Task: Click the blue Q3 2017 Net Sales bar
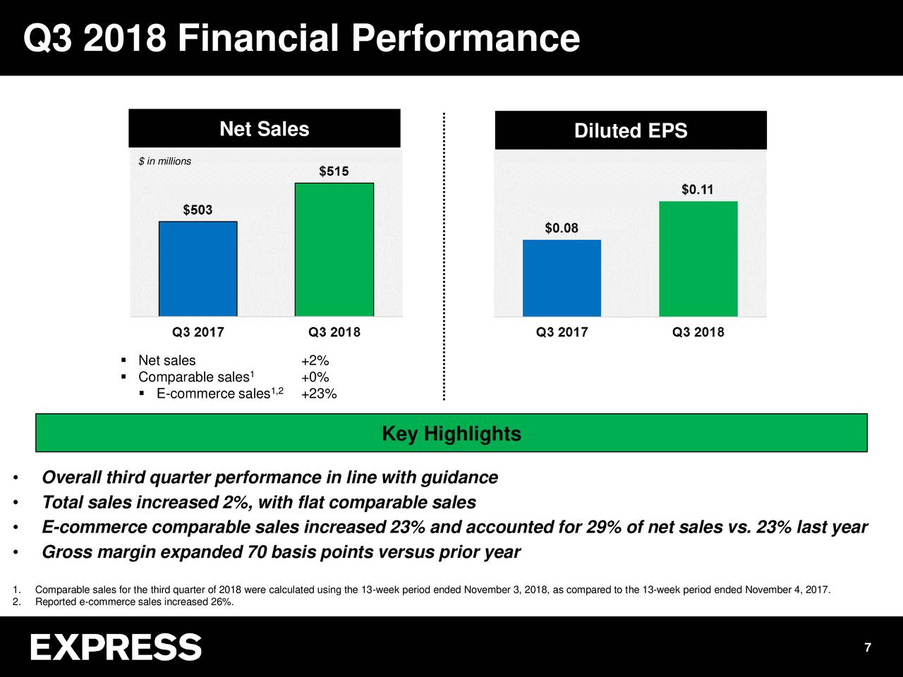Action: [x=198, y=269]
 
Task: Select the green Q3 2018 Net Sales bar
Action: [x=334, y=250]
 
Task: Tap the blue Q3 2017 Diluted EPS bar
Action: [x=562, y=278]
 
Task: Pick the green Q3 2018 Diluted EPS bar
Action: [x=698, y=259]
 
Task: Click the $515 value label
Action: [x=334, y=171]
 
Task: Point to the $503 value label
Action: [x=198, y=210]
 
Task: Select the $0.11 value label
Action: [x=697, y=190]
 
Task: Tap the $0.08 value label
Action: [x=562, y=228]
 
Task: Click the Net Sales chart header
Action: [x=264, y=129]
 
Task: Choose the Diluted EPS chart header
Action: [x=631, y=130]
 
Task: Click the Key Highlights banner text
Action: [x=451, y=434]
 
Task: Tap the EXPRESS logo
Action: [x=116, y=647]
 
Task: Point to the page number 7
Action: [x=868, y=648]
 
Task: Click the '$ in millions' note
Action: [x=165, y=161]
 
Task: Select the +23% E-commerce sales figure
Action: [x=319, y=394]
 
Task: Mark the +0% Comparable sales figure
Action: [x=315, y=377]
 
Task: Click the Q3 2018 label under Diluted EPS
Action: [x=698, y=332]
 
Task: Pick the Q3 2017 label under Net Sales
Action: [x=198, y=332]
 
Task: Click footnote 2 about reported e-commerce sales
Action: [x=134, y=602]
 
